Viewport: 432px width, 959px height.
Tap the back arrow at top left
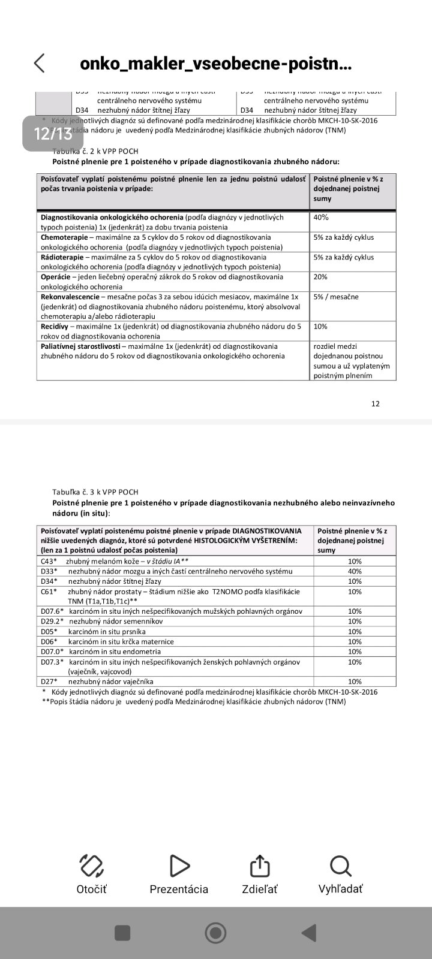(40, 64)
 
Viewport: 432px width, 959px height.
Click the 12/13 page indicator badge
(53, 133)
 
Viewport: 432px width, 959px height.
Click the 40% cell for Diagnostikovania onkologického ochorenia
(322, 218)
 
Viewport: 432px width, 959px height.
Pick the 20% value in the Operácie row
(321, 277)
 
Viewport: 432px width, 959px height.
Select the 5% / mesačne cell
(336, 297)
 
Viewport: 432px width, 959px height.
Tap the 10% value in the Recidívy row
(321, 327)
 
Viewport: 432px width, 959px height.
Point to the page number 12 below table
(376, 403)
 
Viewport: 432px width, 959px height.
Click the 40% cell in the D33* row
(355, 571)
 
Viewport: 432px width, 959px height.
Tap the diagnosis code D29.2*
(52, 622)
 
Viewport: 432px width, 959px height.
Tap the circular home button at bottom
(215, 933)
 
